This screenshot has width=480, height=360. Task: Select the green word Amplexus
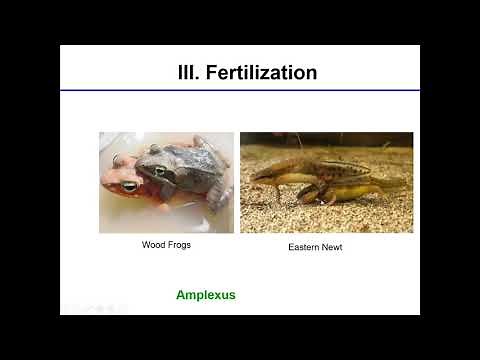206,295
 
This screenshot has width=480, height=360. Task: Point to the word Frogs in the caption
180,244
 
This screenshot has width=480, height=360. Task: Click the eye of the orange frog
129,186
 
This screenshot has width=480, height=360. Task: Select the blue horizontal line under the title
239,91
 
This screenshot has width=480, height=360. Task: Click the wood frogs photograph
166,183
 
